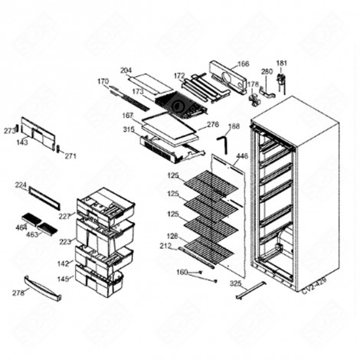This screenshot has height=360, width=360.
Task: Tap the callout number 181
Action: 281,64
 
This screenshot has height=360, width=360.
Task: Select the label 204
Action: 126,70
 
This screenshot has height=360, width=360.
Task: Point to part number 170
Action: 103,81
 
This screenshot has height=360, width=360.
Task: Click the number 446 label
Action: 242,156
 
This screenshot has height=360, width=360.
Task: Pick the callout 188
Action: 234,126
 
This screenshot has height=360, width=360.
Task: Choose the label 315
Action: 128,130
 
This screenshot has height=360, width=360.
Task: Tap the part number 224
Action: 21,185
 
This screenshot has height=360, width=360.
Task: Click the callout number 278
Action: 17,293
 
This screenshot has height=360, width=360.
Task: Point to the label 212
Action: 166,247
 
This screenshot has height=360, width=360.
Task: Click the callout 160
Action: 182,271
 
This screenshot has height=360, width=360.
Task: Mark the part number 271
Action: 70,155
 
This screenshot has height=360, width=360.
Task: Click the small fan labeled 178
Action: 254,98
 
